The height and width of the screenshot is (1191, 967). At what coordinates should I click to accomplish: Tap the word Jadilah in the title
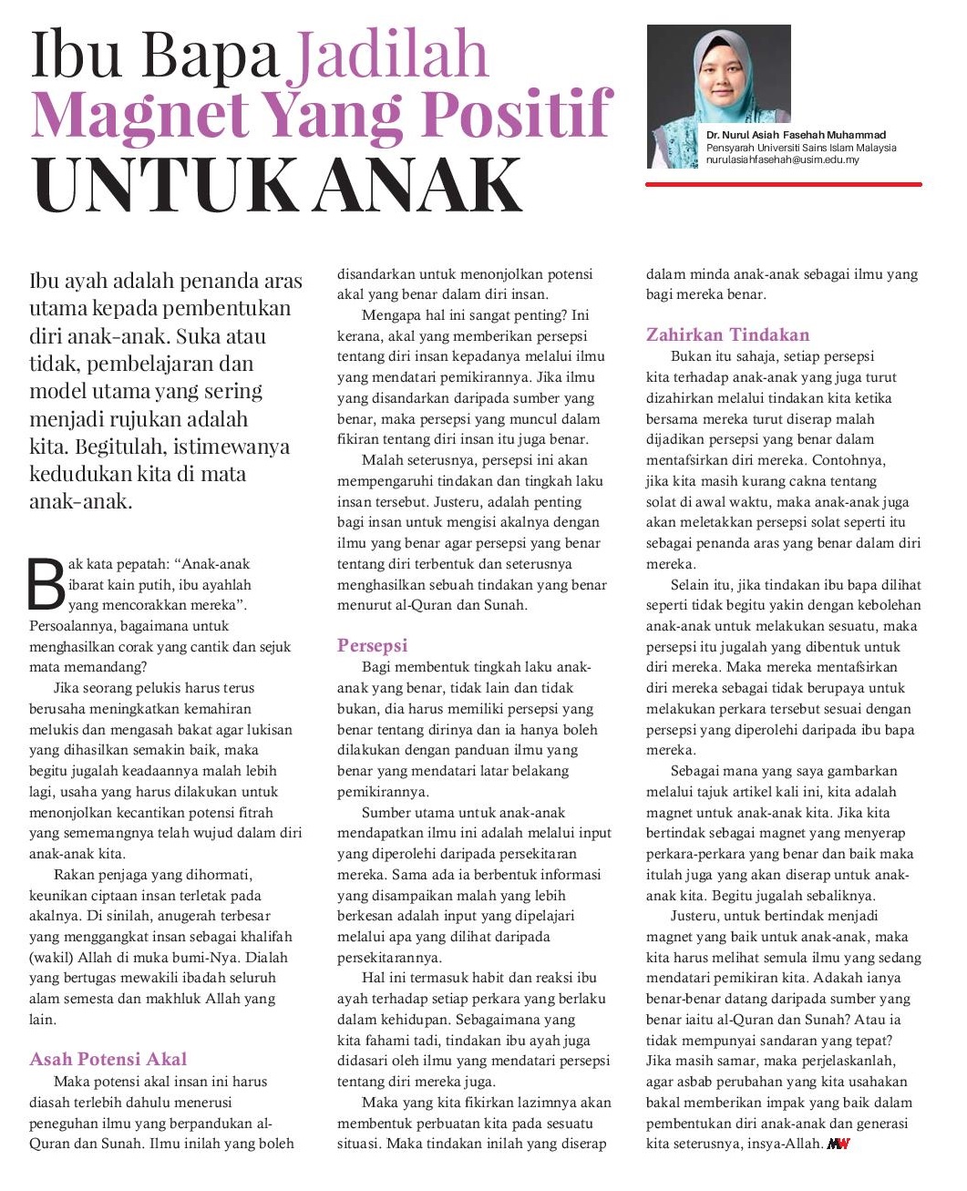[390, 55]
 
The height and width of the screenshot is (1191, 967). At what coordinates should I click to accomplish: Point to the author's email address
[782, 159]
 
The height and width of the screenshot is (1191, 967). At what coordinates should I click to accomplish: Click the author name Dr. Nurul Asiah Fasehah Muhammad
[795, 135]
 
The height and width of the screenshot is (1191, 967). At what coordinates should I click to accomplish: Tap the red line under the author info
[783, 184]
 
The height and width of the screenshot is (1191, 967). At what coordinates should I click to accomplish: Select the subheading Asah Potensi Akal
[108, 1059]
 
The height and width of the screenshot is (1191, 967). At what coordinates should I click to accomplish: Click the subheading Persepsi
[372, 645]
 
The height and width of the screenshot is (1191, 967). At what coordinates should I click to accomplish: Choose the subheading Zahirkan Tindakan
[727, 334]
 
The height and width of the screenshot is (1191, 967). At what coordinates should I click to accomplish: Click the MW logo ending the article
[838, 1144]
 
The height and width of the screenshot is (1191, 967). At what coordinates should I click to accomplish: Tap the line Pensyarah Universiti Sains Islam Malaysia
[801, 148]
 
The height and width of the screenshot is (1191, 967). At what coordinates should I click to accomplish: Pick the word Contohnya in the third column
[848, 460]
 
